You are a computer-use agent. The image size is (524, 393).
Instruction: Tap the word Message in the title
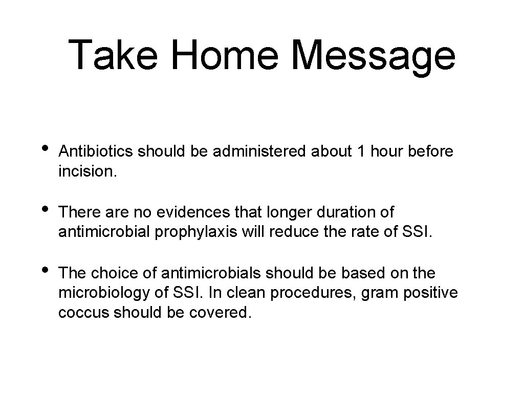(x=373, y=55)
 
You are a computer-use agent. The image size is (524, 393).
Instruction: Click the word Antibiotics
(x=96, y=151)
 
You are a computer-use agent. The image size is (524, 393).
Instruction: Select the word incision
(x=88, y=171)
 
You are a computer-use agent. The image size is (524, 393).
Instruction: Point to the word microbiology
(x=105, y=293)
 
